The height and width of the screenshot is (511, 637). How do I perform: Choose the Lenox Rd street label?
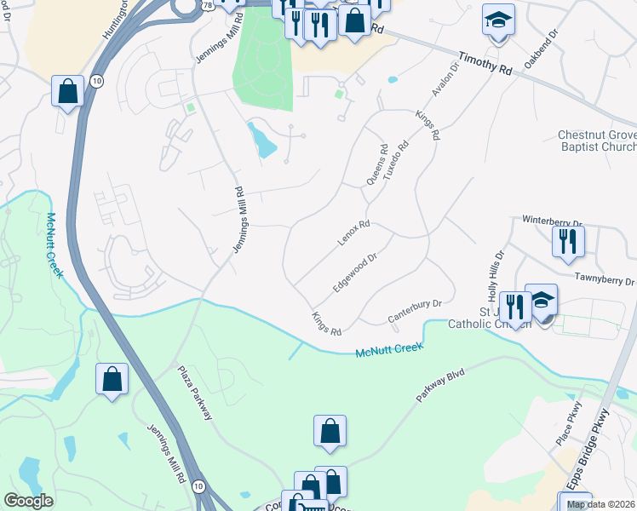(353, 232)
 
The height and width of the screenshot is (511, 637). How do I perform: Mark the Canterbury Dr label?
(415, 311)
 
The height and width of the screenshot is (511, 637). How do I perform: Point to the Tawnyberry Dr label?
(604, 278)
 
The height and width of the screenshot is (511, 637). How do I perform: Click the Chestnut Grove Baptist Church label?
(596, 141)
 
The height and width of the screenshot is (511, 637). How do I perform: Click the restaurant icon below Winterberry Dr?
(568, 240)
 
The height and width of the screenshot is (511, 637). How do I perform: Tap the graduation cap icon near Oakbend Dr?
(499, 20)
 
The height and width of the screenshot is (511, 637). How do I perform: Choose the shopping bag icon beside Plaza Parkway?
(112, 380)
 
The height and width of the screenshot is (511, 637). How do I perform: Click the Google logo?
(29, 501)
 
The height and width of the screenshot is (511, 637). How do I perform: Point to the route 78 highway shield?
(209, 4)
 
